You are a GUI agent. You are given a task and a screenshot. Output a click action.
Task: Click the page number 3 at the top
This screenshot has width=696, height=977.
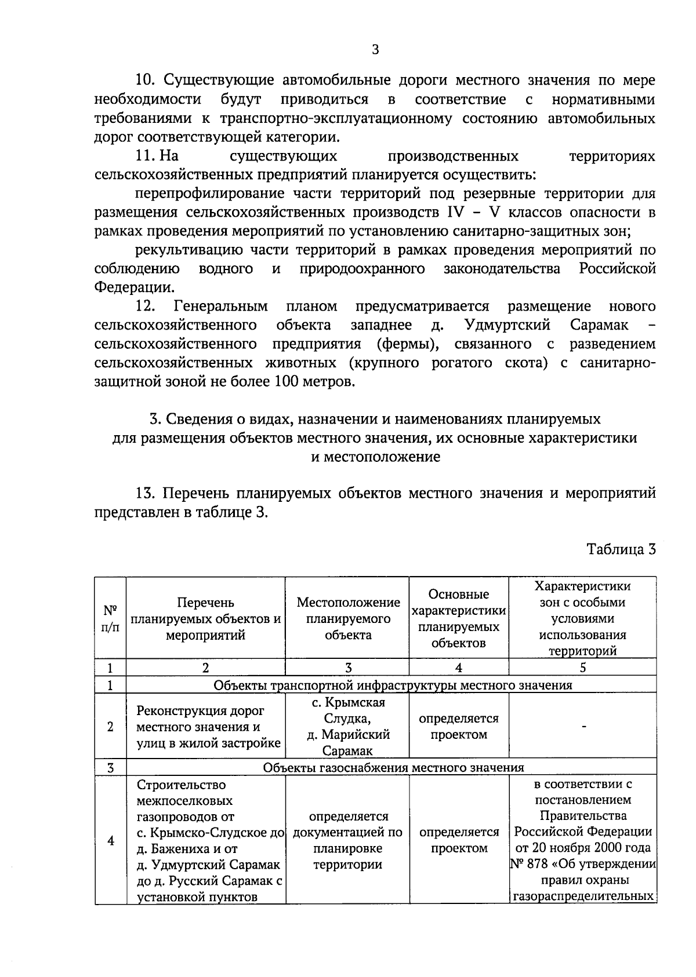click(375, 49)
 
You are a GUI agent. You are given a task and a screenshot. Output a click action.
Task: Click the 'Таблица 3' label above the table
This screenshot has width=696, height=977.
click(621, 549)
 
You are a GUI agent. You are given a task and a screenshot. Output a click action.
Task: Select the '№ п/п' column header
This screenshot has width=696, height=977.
click(110, 618)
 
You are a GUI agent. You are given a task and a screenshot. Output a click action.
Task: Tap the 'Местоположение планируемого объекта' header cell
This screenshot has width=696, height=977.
click(348, 618)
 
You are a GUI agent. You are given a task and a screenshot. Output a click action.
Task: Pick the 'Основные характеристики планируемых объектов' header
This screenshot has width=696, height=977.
click(458, 618)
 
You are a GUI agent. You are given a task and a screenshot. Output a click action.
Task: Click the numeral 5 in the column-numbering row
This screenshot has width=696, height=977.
click(582, 668)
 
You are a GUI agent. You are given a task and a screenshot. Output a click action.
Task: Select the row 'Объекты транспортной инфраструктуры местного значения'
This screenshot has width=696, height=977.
click(393, 686)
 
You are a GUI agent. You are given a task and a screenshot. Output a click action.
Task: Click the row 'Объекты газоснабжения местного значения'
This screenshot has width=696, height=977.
click(393, 768)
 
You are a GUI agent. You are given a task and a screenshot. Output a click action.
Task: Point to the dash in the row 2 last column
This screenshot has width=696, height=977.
click(583, 726)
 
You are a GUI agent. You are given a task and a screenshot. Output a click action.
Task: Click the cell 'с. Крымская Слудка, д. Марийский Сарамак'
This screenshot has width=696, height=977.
click(348, 726)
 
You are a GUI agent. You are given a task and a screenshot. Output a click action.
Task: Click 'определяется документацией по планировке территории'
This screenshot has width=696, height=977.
click(347, 840)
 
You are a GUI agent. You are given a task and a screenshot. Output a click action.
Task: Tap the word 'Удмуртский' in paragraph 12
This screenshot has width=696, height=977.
click(507, 325)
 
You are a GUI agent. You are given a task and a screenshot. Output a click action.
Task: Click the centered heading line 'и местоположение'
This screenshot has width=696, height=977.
click(375, 457)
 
